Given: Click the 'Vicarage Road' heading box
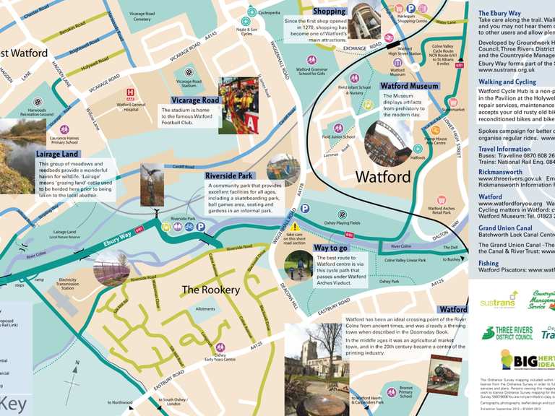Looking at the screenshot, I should pyautogui.click(x=195, y=100).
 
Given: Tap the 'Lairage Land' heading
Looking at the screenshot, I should pyautogui.click(x=57, y=154).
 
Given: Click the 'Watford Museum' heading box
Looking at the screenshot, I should pyautogui.click(x=409, y=86).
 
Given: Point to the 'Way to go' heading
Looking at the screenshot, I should pyautogui.click(x=331, y=248).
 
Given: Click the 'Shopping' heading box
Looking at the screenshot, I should pyautogui.click(x=329, y=12).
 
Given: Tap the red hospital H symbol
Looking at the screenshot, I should pyautogui.click(x=130, y=92).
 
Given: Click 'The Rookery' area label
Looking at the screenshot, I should pyautogui.click(x=210, y=290).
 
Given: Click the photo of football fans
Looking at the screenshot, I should pyautogui.click(x=238, y=105).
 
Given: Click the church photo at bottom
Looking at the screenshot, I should pyautogui.click(x=316, y=369).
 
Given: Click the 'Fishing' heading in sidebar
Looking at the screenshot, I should pyautogui.click(x=489, y=264).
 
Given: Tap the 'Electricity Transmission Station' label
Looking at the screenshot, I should pyautogui.click(x=77, y=284).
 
